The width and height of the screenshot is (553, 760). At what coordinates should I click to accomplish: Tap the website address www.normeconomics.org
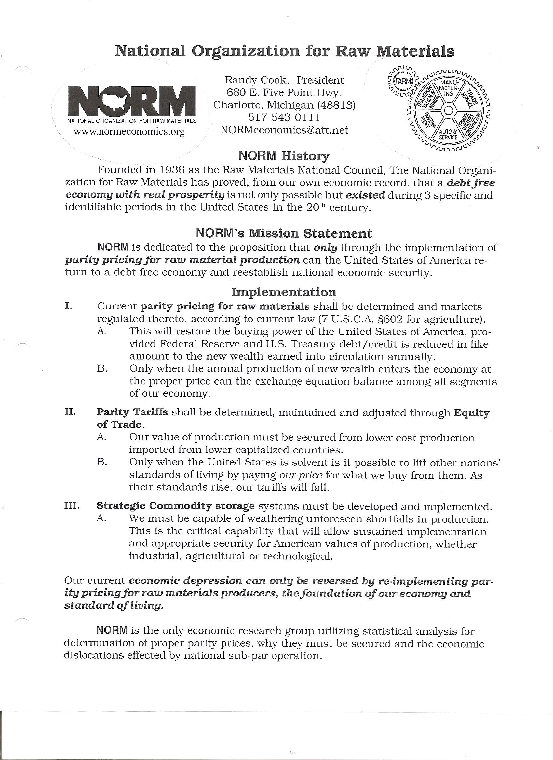(x=129, y=131)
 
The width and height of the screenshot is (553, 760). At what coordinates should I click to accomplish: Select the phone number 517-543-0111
(x=284, y=117)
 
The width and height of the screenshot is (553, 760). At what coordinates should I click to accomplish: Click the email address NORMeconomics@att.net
(x=284, y=130)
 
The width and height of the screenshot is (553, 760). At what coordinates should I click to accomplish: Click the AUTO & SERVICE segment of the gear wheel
(x=448, y=134)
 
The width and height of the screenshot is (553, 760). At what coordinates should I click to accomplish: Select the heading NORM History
(x=284, y=156)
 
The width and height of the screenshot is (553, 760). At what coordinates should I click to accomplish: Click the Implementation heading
(x=284, y=292)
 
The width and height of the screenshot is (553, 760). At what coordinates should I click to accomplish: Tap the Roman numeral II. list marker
(x=70, y=412)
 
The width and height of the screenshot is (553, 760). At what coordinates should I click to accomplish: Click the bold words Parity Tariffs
(x=132, y=412)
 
